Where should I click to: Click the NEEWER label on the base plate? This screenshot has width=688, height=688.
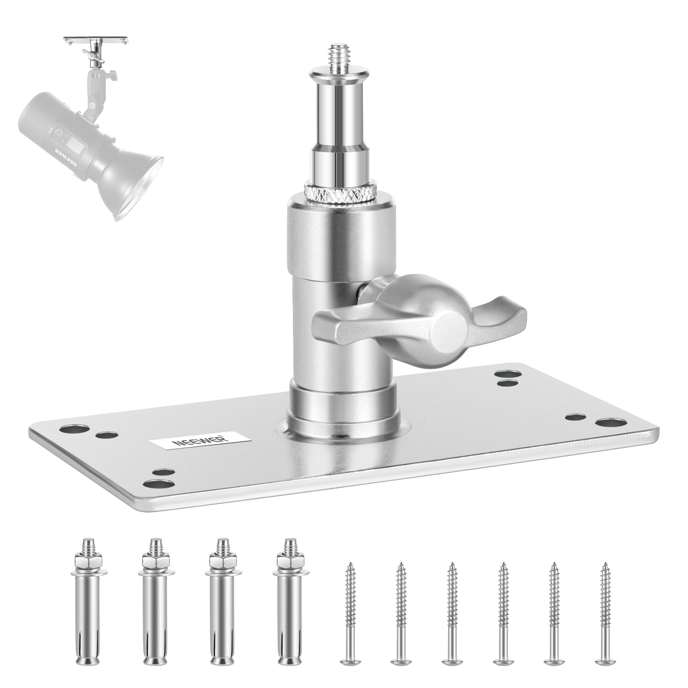tap(200, 442)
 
